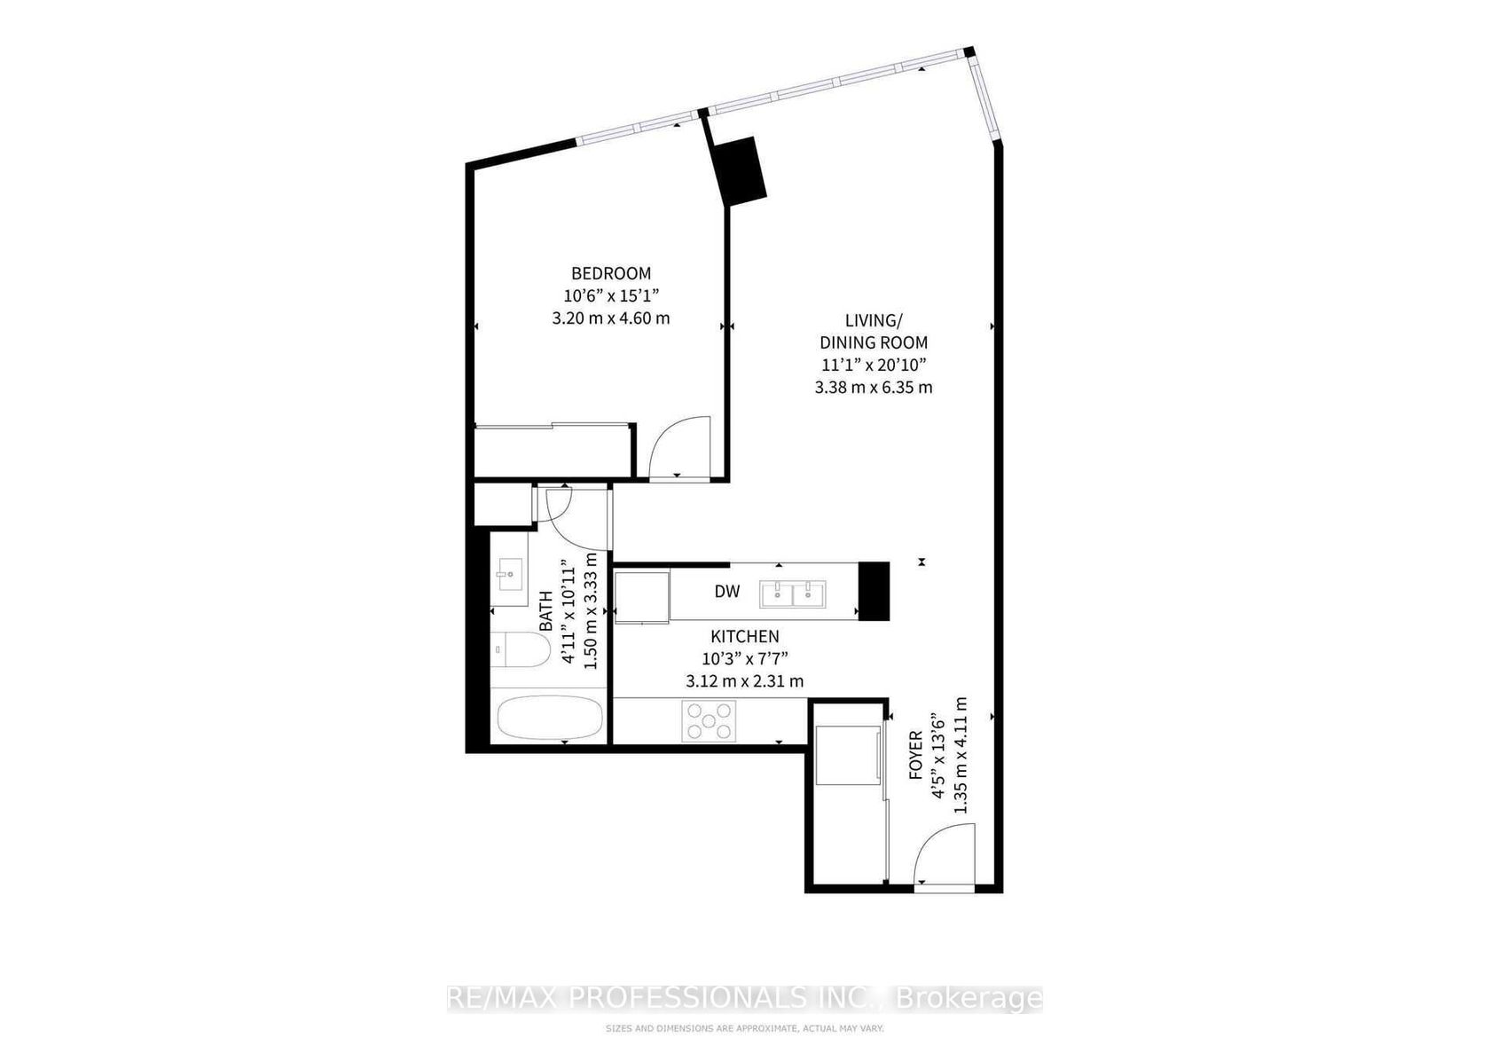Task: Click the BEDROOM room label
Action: click(610, 273)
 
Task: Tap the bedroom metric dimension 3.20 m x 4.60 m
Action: click(610, 318)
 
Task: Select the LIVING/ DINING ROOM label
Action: click(874, 331)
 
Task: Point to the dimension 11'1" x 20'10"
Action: click(874, 365)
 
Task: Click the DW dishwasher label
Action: click(727, 592)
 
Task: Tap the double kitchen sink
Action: click(793, 594)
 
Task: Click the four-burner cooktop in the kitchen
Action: click(709, 721)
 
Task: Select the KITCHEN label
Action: click(745, 637)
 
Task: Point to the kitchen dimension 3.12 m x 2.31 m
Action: click(745, 681)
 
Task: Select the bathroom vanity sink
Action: click(510, 574)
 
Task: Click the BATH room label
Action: click(546, 611)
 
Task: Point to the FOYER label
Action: click(916, 755)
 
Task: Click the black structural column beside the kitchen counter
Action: click(874, 592)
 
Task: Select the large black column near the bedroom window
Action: click(740, 171)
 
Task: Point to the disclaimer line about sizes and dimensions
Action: click(744, 1028)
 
